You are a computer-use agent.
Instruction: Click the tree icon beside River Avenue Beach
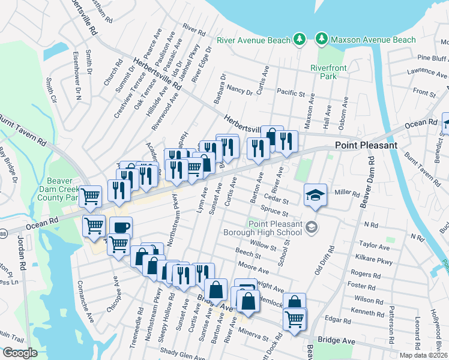point(299,40)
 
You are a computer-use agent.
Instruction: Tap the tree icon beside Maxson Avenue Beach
point(322,40)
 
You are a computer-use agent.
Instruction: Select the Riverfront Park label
point(328,72)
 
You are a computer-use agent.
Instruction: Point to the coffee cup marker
point(121,227)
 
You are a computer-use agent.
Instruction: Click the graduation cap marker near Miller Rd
point(315,194)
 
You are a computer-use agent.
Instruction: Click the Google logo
point(20,353)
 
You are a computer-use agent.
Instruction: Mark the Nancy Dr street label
point(240,91)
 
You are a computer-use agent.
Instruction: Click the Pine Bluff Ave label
point(432,58)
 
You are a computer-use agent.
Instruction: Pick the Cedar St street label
point(277,200)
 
